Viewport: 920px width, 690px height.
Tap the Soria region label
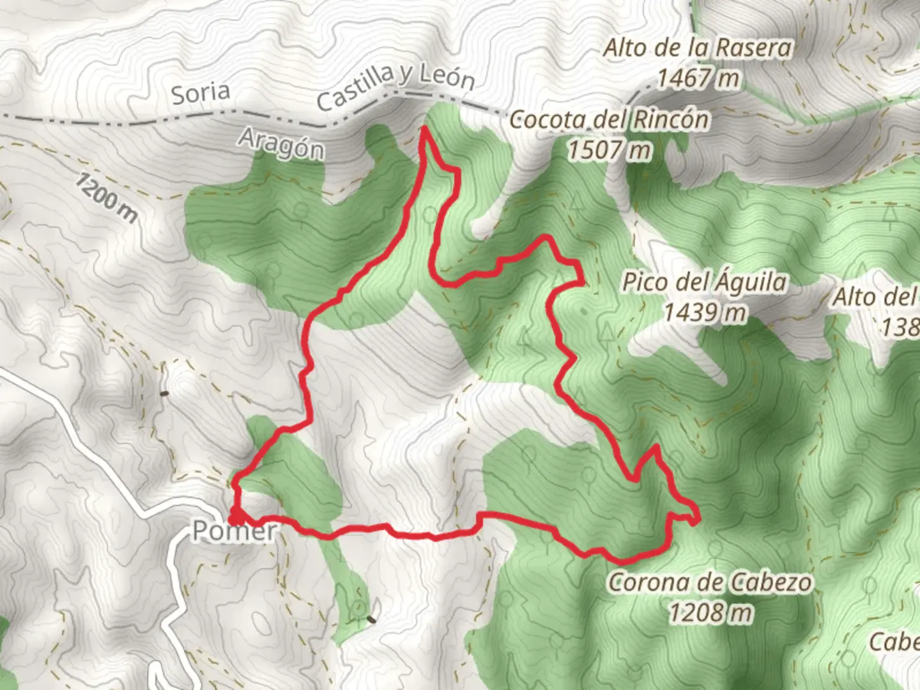pos(201,93)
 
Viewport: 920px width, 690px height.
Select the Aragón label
pos(281,143)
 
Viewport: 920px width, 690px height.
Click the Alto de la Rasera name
pos(698,49)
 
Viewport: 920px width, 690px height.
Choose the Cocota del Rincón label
pos(609,120)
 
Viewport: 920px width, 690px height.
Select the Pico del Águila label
pos(704,282)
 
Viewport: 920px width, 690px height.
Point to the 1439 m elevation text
pos(704,313)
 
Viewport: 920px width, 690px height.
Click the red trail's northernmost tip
pos(424,130)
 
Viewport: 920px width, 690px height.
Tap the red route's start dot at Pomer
pos(235,517)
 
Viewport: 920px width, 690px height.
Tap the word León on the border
pos(447,78)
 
